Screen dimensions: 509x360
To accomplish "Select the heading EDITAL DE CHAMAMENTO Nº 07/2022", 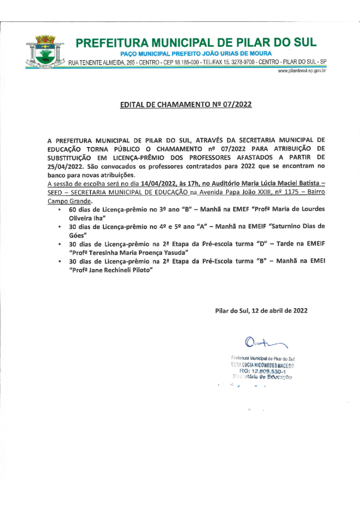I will pos(186,105).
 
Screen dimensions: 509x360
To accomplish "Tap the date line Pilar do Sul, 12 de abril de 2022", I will pos(261,311).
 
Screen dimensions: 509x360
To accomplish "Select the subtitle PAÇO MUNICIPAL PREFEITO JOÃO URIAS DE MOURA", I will pos(196,53).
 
